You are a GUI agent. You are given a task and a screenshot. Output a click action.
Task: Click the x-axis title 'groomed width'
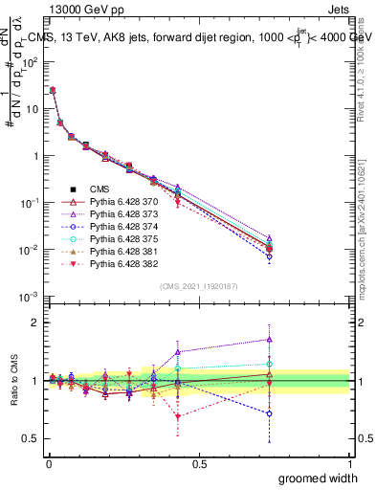(x=319, y=477)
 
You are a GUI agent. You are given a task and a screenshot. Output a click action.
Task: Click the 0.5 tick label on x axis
(x=198, y=464)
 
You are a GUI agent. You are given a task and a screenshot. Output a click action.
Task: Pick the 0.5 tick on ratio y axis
(x=30, y=438)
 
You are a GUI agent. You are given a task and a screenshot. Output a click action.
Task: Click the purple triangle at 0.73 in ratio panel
(x=269, y=339)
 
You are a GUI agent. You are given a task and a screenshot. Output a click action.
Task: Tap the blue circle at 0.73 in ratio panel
(x=269, y=414)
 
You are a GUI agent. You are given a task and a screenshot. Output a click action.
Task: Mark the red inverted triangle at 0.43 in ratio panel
(x=178, y=415)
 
